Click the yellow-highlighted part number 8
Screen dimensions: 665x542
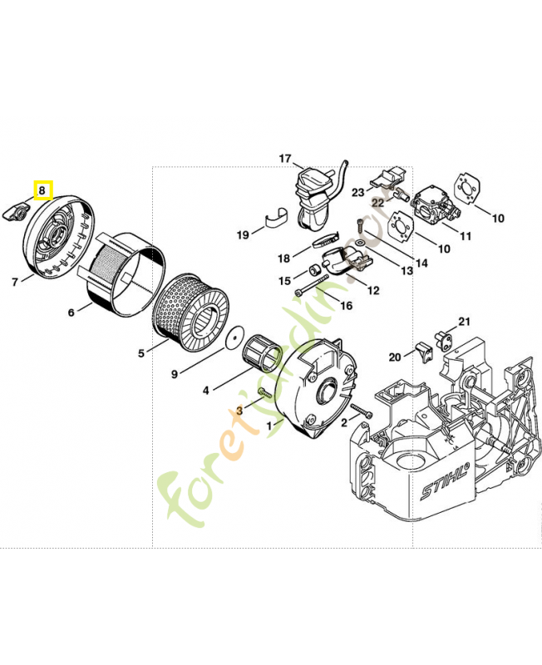tap(42, 190)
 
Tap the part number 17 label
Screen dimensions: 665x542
tap(285, 159)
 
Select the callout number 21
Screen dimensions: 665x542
tap(464, 322)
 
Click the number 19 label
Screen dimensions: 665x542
tap(243, 235)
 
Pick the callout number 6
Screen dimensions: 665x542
tap(71, 313)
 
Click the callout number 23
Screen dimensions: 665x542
tap(357, 192)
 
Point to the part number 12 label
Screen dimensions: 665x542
tap(373, 290)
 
